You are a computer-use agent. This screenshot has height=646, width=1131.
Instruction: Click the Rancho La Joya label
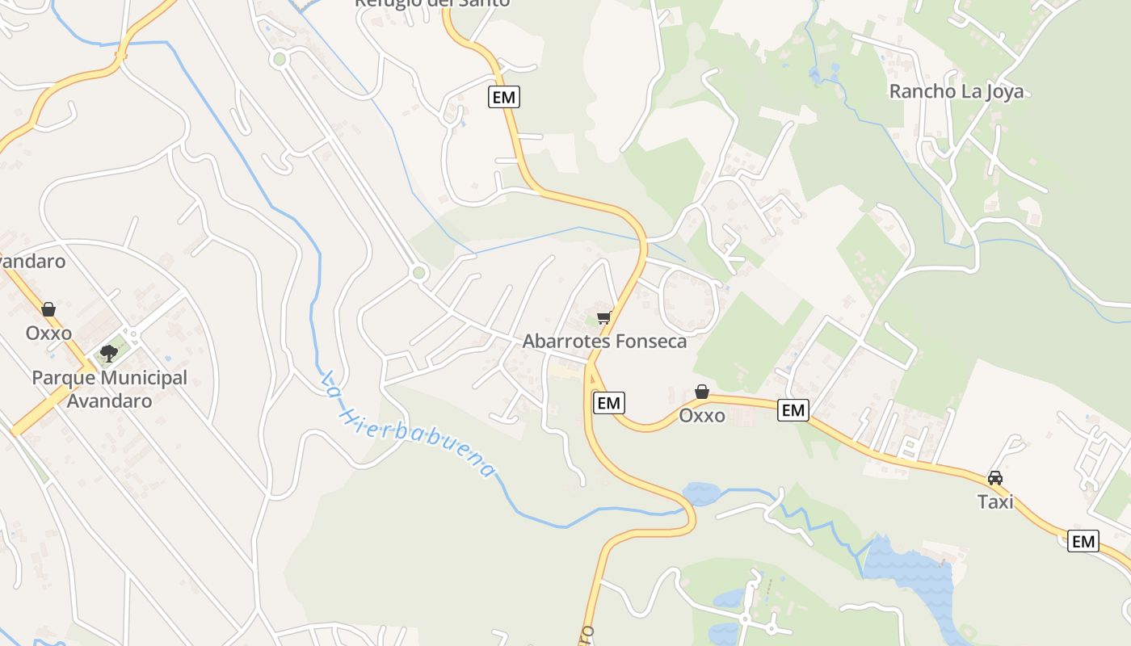(x=956, y=91)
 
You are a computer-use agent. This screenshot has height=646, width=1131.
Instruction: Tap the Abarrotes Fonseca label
(x=604, y=341)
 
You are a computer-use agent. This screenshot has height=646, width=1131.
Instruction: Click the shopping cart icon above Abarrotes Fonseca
(x=603, y=317)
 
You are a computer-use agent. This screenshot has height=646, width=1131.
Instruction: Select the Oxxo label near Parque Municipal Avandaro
(x=48, y=333)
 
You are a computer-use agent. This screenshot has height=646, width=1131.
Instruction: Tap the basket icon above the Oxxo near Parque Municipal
(x=48, y=309)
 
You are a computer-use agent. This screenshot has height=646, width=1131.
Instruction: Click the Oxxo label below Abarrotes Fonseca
(x=701, y=415)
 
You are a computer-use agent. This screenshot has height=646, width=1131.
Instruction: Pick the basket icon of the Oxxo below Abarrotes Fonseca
(x=702, y=392)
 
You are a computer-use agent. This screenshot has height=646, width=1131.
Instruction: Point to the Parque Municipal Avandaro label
(x=109, y=388)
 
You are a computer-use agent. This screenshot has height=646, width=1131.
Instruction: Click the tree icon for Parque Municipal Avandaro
(x=108, y=353)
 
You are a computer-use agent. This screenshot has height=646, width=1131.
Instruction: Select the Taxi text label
(x=995, y=501)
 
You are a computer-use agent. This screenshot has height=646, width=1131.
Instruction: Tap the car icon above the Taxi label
(x=995, y=478)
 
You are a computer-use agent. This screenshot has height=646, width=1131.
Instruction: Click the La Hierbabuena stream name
(x=407, y=424)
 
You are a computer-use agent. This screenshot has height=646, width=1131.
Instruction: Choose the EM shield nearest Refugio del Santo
(x=504, y=98)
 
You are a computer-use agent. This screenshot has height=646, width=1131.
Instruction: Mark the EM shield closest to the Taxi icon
(x=1083, y=541)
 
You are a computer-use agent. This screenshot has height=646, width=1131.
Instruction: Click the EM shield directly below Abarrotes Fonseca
(x=609, y=402)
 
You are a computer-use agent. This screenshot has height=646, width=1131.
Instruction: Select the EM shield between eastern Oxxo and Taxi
(x=793, y=410)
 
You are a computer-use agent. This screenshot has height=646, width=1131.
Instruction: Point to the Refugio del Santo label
(x=432, y=3)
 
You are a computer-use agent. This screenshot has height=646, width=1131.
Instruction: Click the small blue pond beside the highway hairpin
(x=700, y=493)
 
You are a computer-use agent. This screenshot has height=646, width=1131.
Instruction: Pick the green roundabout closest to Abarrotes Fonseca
(x=418, y=273)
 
